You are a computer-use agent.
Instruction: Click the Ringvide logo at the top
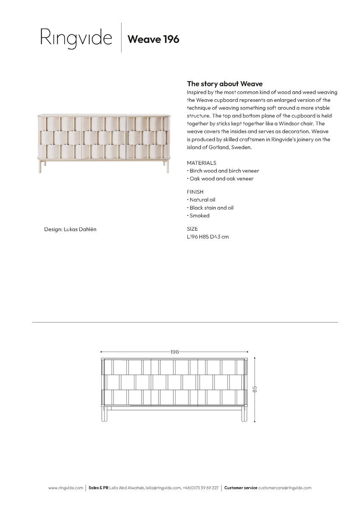point(76,38)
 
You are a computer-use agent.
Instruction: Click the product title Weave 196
point(153,39)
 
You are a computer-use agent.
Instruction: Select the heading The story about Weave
point(225,84)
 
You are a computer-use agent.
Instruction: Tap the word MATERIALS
point(201,163)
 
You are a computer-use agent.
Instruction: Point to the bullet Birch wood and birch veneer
point(223,171)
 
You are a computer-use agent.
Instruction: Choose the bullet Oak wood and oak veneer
point(221,179)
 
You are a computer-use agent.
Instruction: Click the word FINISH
point(195,192)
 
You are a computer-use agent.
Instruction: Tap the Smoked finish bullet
point(199,216)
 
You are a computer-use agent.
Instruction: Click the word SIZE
point(192,229)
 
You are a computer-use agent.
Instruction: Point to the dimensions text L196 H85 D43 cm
point(208,237)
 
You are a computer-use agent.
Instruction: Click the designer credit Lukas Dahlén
point(73,229)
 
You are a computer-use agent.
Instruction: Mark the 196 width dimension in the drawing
point(175,352)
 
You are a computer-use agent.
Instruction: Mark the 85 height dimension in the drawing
point(255,389)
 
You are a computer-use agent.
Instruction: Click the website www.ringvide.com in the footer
point(66,488)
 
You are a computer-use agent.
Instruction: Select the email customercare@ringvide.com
point(285,488)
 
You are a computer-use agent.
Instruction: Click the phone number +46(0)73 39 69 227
point(201,488)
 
